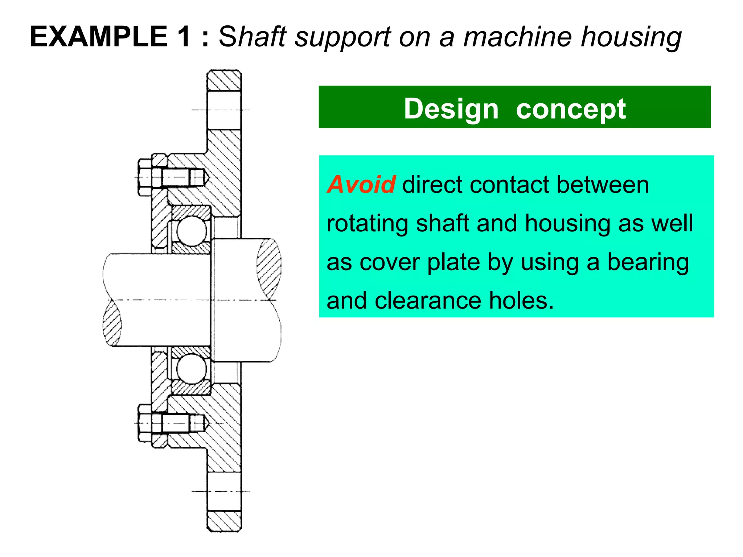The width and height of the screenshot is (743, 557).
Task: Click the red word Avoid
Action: click(361, 185)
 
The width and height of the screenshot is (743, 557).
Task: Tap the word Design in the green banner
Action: click(451, 109)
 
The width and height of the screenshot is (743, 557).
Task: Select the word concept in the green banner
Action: click(571, 109)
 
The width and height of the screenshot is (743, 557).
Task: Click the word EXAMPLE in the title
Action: click(98, 37)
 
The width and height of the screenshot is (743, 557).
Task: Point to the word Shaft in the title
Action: click(253, 37)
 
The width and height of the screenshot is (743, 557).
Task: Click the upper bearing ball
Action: click(191, 231)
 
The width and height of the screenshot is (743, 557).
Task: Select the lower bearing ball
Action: click(191, 369)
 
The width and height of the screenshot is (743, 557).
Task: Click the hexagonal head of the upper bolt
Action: click(145, 177)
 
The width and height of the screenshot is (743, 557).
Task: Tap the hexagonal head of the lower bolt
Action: click(145, 423)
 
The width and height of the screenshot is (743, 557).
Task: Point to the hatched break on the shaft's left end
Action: click(112, 323)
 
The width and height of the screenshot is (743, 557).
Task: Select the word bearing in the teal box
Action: click(648, 262)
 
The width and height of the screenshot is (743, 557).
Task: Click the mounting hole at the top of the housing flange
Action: click(224, 110)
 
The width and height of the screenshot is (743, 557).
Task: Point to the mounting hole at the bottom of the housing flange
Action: click(224, 491)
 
